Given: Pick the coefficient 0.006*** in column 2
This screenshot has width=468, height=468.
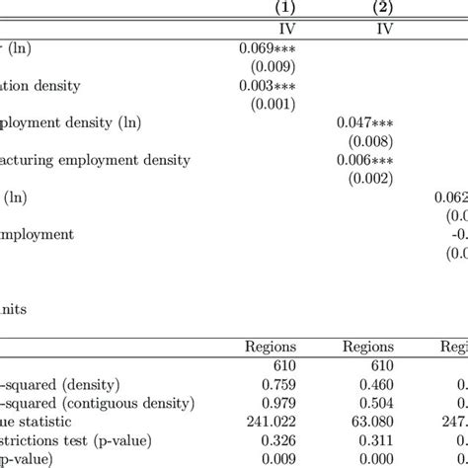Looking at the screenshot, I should click(x=364, y=160).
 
